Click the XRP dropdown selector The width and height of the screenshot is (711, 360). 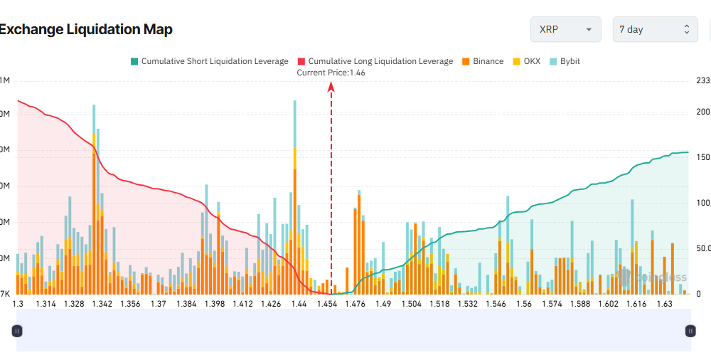pyautogui.click(x=565, y=29)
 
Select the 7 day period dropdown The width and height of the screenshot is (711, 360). pyautogui.click(x=655, y=29)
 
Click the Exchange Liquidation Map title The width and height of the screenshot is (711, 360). pyautogui.click(x=86, y=29)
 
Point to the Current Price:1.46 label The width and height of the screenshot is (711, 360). pyautogui.click(x=331, y=73)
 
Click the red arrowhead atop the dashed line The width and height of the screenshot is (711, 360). pyautogui.click(x=331, y=86)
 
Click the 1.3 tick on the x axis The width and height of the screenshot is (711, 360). pyautogui.click(x=18, y=304)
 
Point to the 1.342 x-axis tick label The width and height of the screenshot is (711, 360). pyautogui.click(x=102, y=304)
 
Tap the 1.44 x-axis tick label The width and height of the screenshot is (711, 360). pyautogui.click(x=299, y=304)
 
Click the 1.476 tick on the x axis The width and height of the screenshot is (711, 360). pyautogui.click(x=355, y=304)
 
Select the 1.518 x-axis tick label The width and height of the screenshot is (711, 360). pyautogui.click(x=439, y=304)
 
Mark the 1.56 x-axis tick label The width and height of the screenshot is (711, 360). pyautogui.click(x=524, y=304)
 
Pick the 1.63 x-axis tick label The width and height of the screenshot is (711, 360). pyautogui.click(x=664, y=304)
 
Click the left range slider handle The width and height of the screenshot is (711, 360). pyautogui.click(x=18, y=330)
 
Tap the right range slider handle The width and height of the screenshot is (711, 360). pyautogui.click(x=690, y=330)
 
